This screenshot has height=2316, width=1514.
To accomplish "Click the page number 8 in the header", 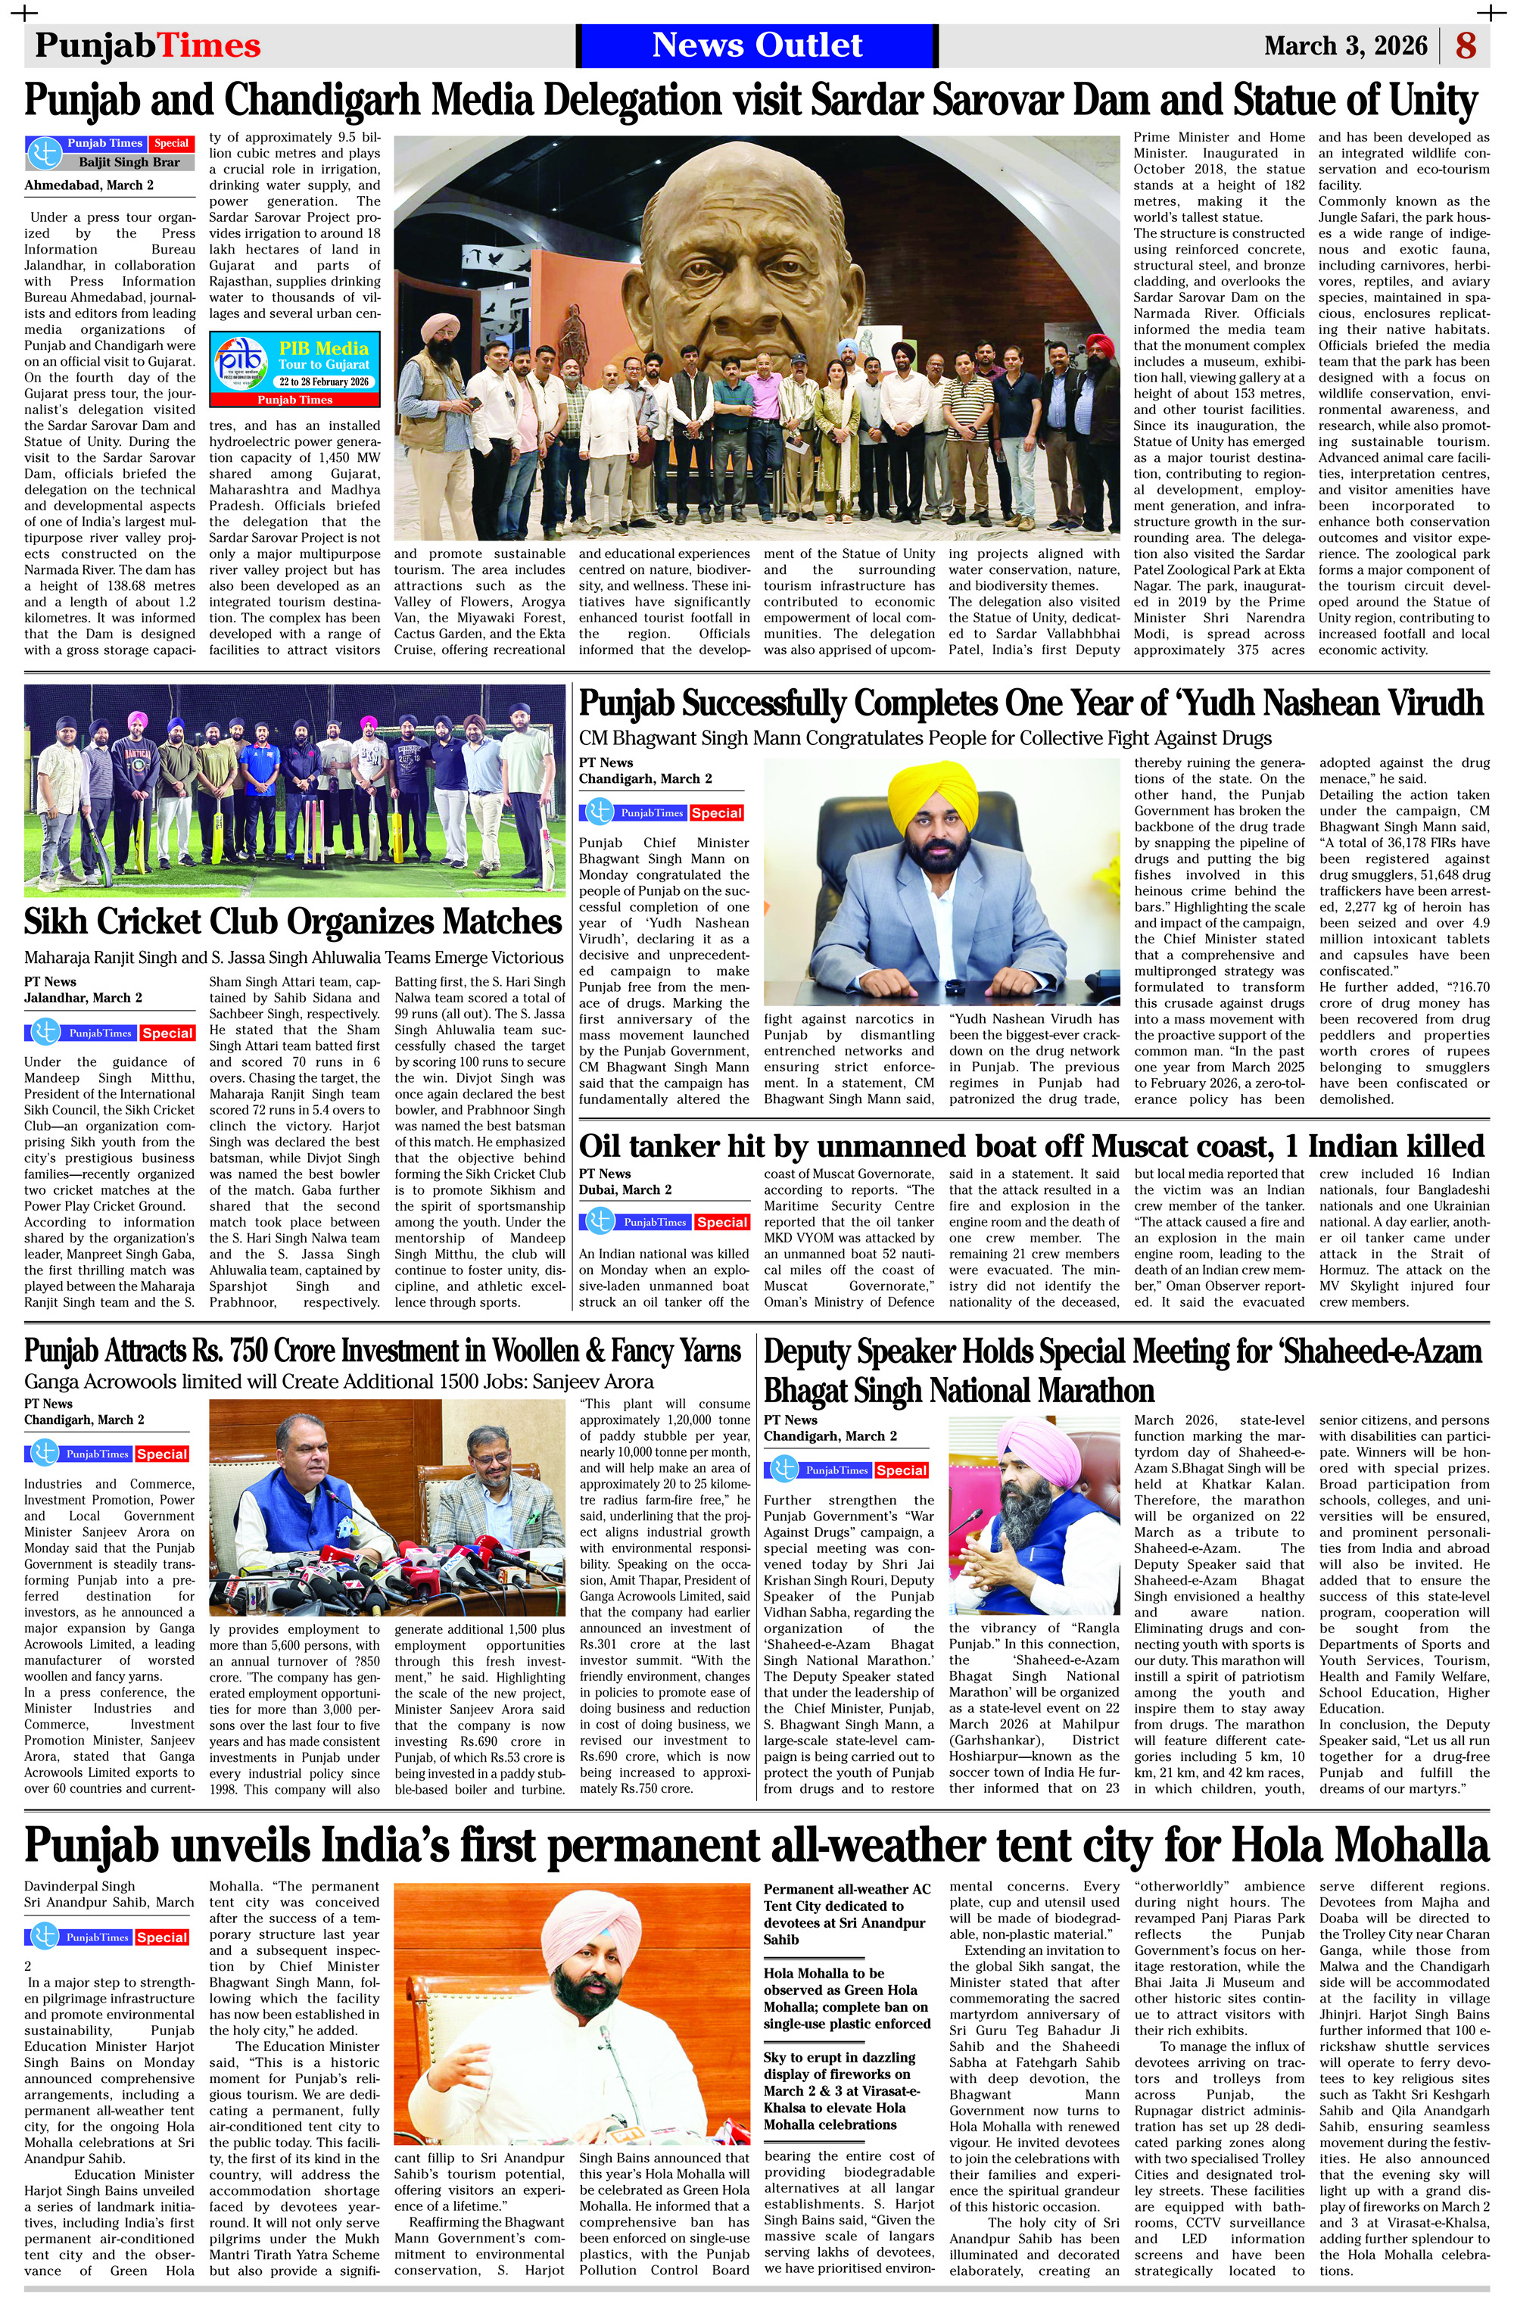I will pos(1466,45).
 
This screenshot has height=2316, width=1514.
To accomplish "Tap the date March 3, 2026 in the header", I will pos(1344,45).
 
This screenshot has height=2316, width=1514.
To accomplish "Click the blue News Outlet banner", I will pos(756,45).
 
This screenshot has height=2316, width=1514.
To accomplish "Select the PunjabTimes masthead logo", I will pos(148,45).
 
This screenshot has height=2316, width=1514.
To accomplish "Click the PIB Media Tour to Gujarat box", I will pos(294,369).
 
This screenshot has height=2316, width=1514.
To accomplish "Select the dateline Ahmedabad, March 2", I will pos(89,185).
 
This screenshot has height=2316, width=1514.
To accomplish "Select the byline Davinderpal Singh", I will pos(79,1886).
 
